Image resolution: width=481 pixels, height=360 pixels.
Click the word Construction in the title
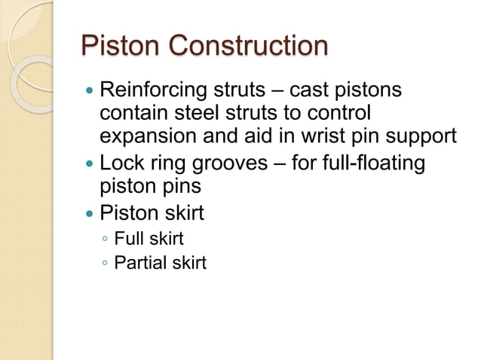(247, 46)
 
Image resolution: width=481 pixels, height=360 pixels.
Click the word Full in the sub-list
(127, 239)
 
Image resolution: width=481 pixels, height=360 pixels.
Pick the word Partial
(137, 263)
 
